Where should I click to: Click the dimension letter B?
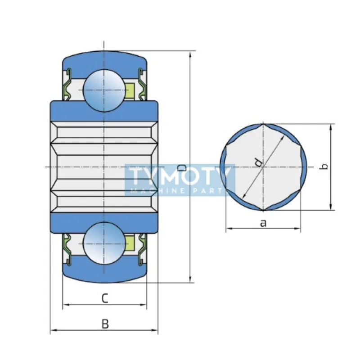pos(105,324)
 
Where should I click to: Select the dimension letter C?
pos(105,298)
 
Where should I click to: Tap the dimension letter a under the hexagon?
pos(263,223)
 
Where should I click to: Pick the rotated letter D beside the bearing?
pos(182,168)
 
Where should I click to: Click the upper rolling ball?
pos(104,90)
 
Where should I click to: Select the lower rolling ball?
pos(104,243)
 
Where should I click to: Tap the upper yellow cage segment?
pos(130,90)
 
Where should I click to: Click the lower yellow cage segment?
pos(130,243)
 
